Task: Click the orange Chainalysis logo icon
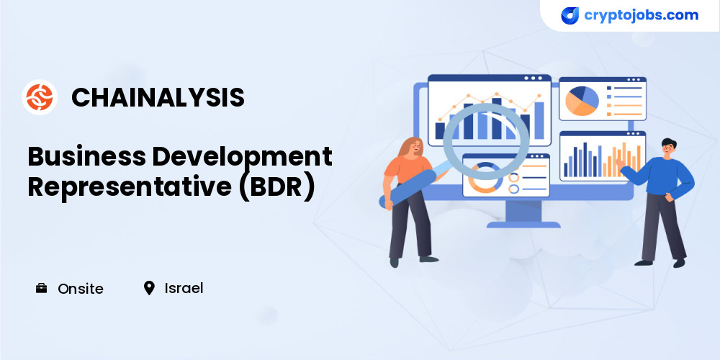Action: [x=40, y=97]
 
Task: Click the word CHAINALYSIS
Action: [x=158, y=98]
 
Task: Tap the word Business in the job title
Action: [x=86, y=156]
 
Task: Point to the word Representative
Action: [x=130, y=187]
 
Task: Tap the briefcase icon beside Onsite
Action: [x=41, y=289]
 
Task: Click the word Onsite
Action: [x=81, y=289]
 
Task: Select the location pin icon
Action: [x=149, y=289]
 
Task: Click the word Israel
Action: [x=184, y=289]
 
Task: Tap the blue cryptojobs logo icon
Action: [x=570, y=16]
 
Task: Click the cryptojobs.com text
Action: [x=641, y=15]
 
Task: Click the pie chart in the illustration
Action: [x=582, y=101]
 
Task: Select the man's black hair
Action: [x=669, y=142]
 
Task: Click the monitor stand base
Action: [x=523, y=225]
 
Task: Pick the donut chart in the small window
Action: [x=485, y=177]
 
